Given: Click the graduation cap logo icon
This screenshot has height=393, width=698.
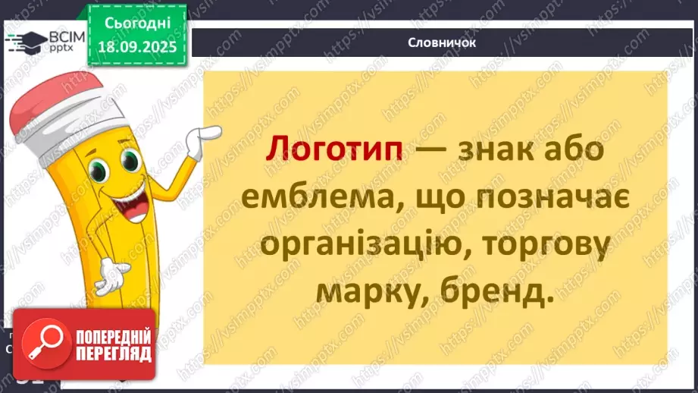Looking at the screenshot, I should tap(23, 42).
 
